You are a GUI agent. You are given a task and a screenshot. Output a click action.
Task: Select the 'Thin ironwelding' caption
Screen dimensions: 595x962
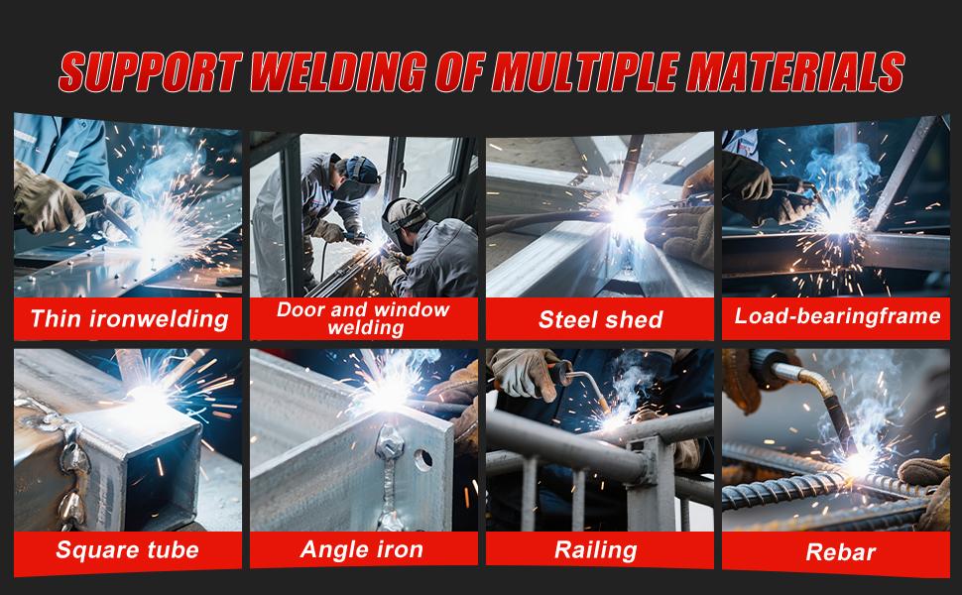(x=128, y=318)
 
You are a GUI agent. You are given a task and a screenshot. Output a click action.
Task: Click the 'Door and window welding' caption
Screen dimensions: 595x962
(x=362, y=318)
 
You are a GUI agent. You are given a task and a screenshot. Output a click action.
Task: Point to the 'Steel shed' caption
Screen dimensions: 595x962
(x=600, y=319)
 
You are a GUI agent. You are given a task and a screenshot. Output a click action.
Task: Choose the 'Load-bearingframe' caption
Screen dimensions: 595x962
(x=837, y=316)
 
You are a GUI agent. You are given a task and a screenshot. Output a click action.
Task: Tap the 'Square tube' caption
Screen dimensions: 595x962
(x=127, y=549)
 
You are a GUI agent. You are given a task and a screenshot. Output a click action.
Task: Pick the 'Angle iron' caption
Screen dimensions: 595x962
(x=362, y=549)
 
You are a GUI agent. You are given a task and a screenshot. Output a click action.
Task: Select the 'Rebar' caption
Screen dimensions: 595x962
(x=836, y=551)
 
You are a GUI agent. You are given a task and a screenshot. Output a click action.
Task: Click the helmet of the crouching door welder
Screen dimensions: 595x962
(x=404, y=219)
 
